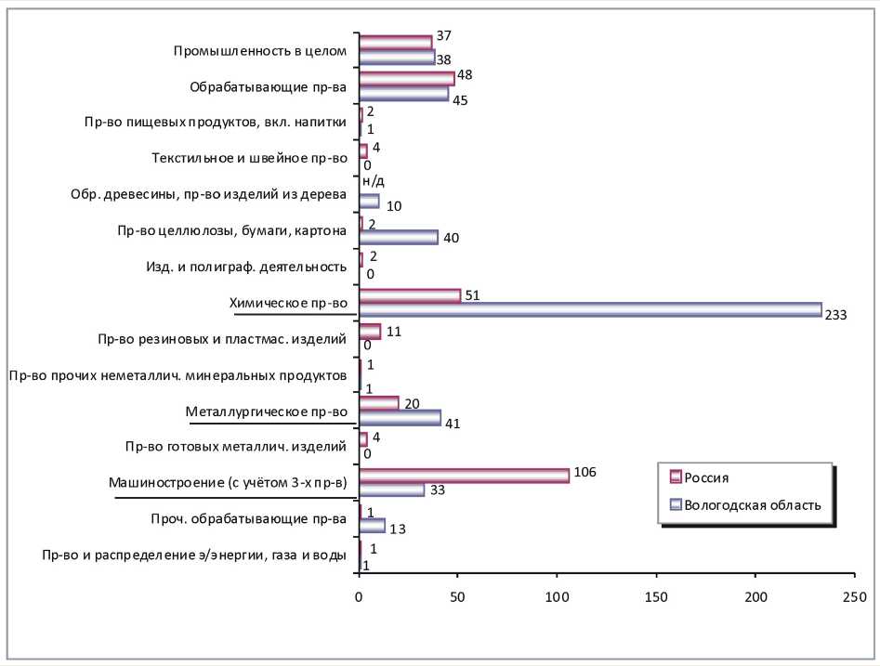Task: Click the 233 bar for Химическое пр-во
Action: click(x=590, y=309)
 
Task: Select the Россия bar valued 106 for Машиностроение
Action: click(x=464, y=476)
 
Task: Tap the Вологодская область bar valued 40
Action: click(x=398, y=238)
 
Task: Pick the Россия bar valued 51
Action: click(x=409, y=295)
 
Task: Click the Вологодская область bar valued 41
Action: click(x=400, y=418)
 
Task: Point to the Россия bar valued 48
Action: click(x=406, y=78)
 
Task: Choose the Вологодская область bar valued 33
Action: click(x=391, y=490)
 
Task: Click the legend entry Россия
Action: click(x=706, y=477)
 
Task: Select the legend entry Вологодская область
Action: click(x=752, y=505)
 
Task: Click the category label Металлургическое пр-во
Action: click(x=266, y=411)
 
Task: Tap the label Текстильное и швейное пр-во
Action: click(x=249, y=158)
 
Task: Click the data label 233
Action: click(x=835, y=316)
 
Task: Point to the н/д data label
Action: click(x=373, y=181)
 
